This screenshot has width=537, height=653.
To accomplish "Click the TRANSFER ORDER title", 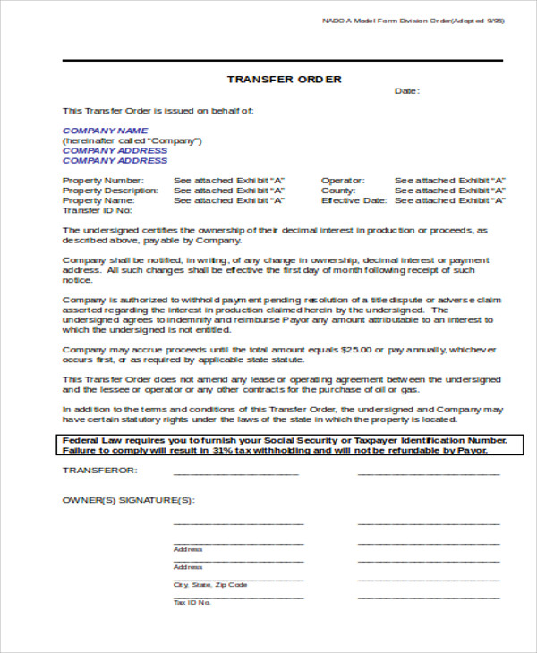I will pos(284,80).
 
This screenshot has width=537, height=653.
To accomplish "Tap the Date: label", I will pos(407,91).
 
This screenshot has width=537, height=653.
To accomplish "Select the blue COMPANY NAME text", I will pos(105,131).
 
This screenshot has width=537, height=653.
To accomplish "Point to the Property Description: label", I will pos(109,191).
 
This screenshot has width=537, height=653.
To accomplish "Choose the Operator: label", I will pos(341,180).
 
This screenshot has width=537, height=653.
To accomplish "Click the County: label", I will pos(338,191).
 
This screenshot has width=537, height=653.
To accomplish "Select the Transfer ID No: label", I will pos(98,211).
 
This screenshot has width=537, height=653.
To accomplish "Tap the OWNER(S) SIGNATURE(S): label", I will pos(128,500).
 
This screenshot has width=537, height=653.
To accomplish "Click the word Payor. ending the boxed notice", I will pos(472,451).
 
